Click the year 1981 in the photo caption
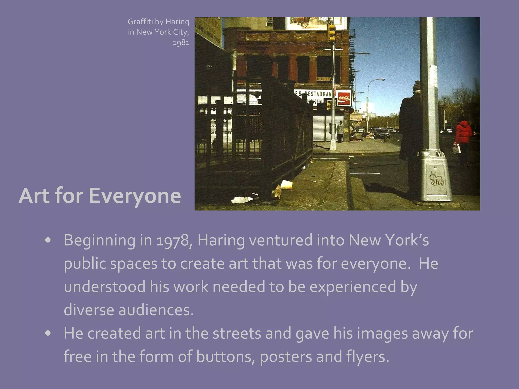click(181, 42)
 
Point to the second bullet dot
click(48, 333)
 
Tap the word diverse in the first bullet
click(89, 310)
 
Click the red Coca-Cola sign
click(344, 98)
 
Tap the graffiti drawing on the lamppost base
click(436, 179)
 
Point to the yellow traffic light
click(332, 33)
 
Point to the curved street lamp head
click(380, 80)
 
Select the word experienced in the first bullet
click(353, 287)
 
